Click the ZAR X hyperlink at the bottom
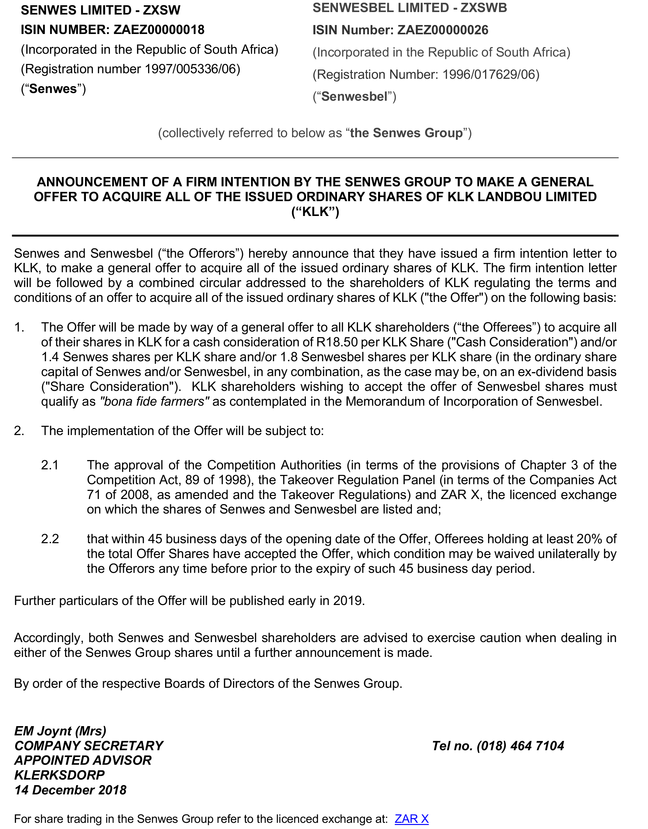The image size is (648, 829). click(x=411, y=818)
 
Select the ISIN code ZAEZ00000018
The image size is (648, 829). click(x=159, y=30)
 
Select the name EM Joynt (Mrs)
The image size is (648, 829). click(x=60, y=731)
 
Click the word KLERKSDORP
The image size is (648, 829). click(x=59, y=775)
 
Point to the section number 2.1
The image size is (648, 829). click(x=50, y=465)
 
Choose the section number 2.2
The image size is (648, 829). click(x=50, y=539)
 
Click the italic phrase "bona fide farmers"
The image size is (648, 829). click(x=154, y=401)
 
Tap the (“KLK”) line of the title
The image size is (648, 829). click(x=315, y=211)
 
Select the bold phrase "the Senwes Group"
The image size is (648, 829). click(x=406, y=133)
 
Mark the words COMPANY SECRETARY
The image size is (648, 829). click(x=89, y=746)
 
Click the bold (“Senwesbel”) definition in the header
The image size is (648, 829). click(x=354, y=96)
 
